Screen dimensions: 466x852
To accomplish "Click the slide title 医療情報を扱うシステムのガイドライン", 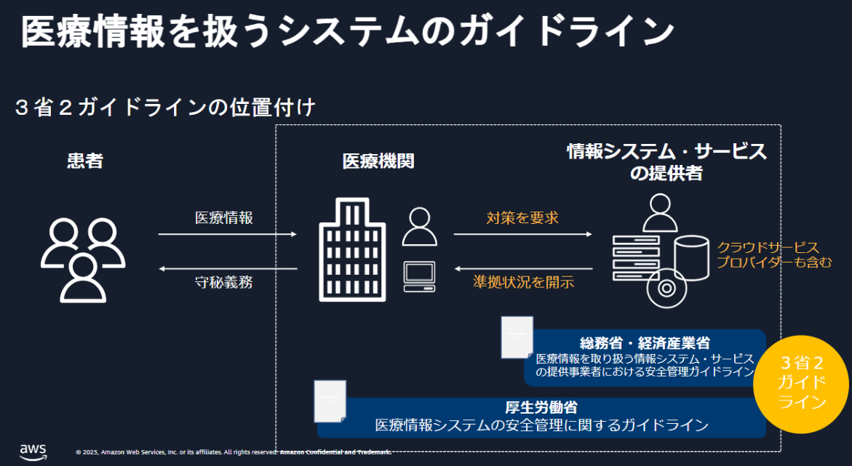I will [x=348, y=32].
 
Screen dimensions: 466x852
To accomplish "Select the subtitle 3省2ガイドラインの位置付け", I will [x=166, y=108].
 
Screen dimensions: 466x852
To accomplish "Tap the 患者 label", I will [x=85, y=161].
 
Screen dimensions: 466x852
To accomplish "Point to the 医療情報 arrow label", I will [x=224, y=217].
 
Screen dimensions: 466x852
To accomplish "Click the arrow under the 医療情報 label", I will [x=228, y=234].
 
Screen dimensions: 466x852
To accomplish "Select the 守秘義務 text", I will [x=224, y=283].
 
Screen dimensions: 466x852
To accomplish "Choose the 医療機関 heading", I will [x=378, y=161].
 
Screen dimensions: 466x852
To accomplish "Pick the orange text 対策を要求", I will [x=522, y=217].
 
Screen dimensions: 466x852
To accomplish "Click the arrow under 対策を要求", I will [x=523, y=234].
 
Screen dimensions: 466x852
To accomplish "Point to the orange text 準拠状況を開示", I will [x=523, y=282].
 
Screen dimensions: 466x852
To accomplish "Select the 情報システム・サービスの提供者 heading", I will [x=666, y=162].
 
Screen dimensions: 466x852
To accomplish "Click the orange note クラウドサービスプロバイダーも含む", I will [x=773, y=254].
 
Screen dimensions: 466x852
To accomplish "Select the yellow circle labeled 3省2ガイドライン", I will [x=802, y=383].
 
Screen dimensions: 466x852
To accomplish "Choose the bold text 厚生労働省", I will [x=541, y=407].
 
